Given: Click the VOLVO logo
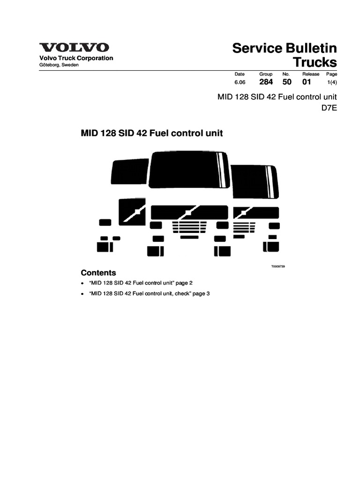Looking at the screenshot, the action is coord(75,48).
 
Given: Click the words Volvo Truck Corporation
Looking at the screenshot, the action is coord(76,58).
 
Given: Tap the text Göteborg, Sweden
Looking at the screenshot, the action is coord(59,65).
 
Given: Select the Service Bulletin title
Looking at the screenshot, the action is coord(285,48).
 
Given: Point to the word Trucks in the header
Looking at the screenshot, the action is coord(315,62).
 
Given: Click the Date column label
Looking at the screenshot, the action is coord(240,74).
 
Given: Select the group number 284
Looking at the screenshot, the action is coord(266,82).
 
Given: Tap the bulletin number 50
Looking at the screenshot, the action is coord(287,82).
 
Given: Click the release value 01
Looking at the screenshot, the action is coord(307,82).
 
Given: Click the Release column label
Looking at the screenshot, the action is coord(310,74).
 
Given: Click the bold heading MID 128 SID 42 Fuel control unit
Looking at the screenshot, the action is coord(152,133).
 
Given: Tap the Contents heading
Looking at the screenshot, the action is coord(98,273).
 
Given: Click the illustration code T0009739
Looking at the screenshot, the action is coord(278,266).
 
